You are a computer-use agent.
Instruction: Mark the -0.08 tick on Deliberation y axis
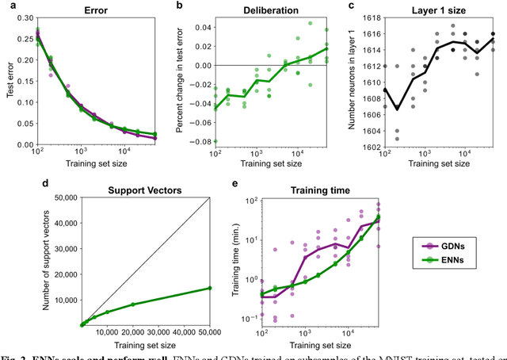pyautogui.click(x=197, y=141)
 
